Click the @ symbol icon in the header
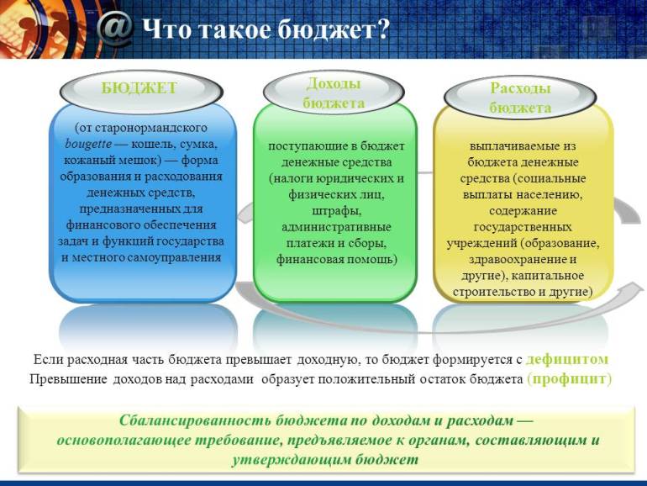(116, 29)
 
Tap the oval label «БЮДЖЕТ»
(141, 92)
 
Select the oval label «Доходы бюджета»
(334, 93)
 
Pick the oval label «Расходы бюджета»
(520, 98)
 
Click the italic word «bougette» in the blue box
(88, 144)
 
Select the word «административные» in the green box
(336, 228)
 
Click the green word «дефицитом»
(567, 360)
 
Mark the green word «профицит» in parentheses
(570, 379)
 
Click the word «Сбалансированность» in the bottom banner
(195, 420)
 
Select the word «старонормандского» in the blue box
(151, 128)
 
